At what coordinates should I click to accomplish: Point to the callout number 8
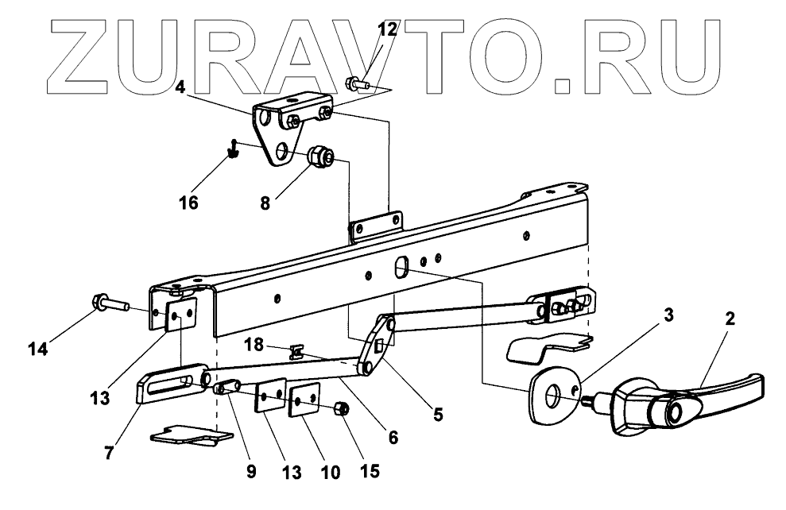[x=265, y=203]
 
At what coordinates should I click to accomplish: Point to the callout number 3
[x=668, y=314]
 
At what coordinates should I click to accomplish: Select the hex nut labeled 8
[x=321, y=158]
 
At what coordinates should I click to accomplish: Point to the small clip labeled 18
[x=296, y=349]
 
